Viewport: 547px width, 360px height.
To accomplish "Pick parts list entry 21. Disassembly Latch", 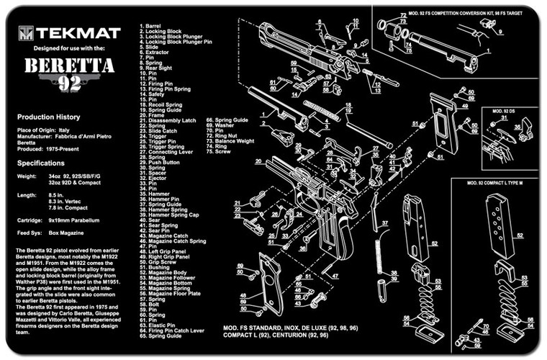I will pyautogui.click(x=168, y=120).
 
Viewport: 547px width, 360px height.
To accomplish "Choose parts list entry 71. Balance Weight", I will pyautogui.click(x=232, y=141).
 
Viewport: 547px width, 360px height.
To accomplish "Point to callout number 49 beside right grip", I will pyautogui.click(x=466, y=106).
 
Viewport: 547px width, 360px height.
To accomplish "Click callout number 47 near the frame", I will pyautogui.click(x=334, y=275).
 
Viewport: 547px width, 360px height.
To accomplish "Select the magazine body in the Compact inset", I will pyautogui.click(x=495, y=230).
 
